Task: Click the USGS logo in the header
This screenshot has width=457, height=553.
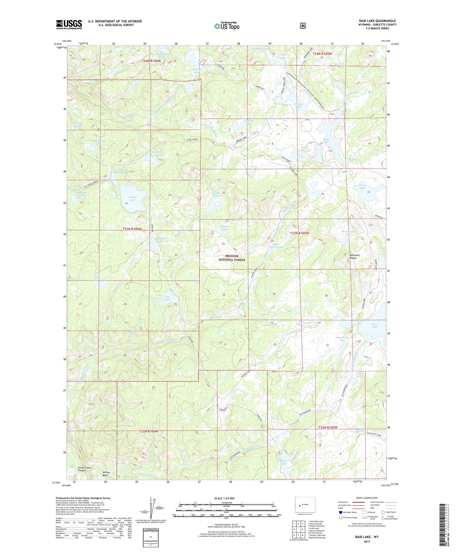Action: [x=69, y=24]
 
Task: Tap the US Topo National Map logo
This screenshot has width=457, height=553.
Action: [x=227, y=26]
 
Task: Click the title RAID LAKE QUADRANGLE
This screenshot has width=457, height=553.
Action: [x=377, y=21]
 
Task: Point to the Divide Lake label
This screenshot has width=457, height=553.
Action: [x=132, y=199]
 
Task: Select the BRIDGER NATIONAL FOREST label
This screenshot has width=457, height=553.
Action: [x=232, y=258]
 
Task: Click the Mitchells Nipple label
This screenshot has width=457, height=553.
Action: [x=354, y=257]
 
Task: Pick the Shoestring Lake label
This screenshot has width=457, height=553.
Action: [x=342, y=339]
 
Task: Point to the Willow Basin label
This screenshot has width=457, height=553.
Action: [x=106, y=474]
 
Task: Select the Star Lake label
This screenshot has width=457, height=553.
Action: [x=167, y=298]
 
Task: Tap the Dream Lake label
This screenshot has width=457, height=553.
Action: [x=299, y=105]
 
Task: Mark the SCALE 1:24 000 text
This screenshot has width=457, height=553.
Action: [x=224, y=498]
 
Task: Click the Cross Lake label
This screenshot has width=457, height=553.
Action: [x=362, y=186]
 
